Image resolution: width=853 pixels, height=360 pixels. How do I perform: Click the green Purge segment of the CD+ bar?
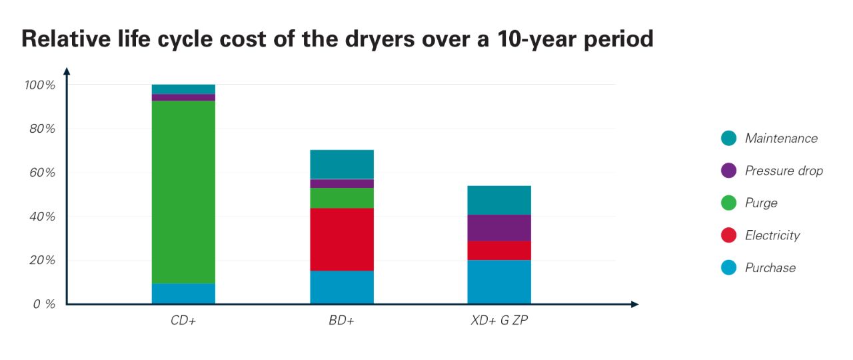tap(183, 192)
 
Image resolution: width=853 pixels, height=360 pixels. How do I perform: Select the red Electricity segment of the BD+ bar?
tap(342, 239)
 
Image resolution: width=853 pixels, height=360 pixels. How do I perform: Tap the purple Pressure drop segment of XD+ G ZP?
tap(499, 227)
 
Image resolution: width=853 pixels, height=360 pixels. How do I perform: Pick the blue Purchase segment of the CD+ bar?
tap(183, 294)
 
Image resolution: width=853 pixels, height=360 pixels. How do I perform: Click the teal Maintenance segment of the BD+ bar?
tap(342, 164)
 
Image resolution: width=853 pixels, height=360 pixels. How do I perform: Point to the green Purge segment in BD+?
tap(342, 198)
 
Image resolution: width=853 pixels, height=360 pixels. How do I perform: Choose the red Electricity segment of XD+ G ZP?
tap(499, 250)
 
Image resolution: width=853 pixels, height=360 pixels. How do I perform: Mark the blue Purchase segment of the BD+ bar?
tap(342, 287)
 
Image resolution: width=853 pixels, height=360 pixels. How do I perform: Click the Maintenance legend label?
tap(781, 139)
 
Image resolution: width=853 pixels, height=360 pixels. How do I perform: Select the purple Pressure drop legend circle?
tap(728, 171)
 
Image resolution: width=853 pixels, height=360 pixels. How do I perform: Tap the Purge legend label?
tap(761, 203)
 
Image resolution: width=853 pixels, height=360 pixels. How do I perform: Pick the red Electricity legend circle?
tap(728, 235)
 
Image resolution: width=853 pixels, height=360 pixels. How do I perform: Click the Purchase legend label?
tap(770, 268)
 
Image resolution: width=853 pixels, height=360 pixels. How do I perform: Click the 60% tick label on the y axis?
tap(41, 173)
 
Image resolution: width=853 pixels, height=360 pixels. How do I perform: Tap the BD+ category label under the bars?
tap(342, 321)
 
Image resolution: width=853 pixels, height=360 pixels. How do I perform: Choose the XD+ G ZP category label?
tap(499, 321)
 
